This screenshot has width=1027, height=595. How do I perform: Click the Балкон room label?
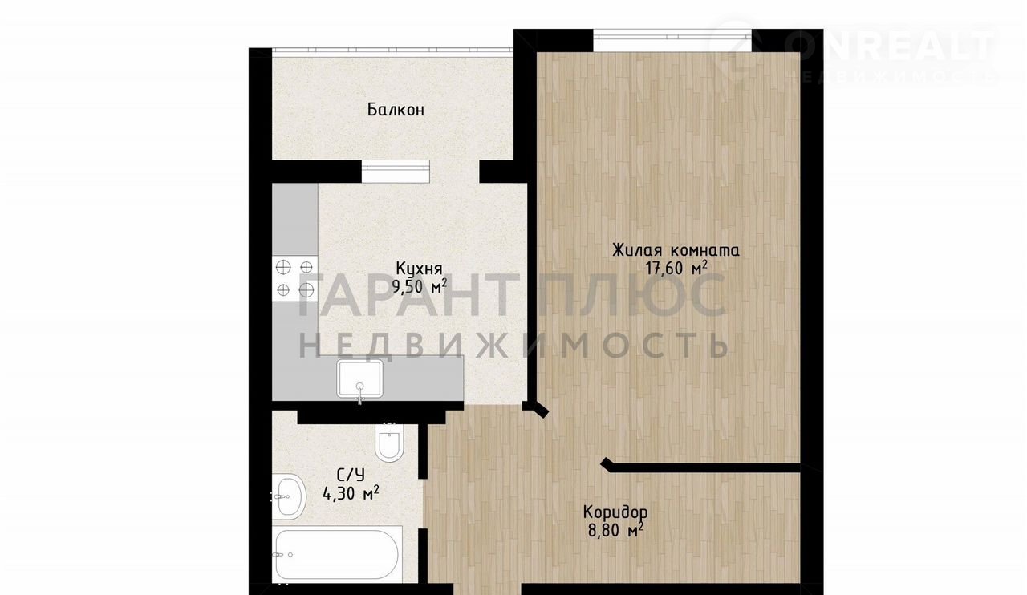click(x=396, y=110)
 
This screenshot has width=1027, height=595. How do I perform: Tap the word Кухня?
click(x=419, y=268)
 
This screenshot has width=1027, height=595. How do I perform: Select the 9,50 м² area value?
click(x=419, y=286)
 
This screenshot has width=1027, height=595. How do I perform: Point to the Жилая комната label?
click(x=676, y=251)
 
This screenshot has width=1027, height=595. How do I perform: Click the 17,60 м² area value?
click(x=676, y=268)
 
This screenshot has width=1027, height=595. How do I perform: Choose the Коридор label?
click(x=615, y=512)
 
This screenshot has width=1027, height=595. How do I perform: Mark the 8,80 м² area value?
click(x=615, y=530)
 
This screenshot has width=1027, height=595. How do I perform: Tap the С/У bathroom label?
click(x=351, y=475)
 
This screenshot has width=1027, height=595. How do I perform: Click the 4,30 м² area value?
click(x=351, y=493)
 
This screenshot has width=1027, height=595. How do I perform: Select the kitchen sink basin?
click(x=360, y=378)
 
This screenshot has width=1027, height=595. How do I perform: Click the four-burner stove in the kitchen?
click(x=294, y=279)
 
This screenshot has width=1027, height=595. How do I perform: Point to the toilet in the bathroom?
click(x=389, y=442)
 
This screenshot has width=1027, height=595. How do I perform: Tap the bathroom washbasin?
click(x=289, y=497)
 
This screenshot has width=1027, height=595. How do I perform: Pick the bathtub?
click(x=338, y=554)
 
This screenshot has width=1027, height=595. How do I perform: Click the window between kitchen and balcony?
click(x=396, y=172)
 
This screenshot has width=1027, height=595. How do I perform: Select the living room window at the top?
click(x=672, y=40)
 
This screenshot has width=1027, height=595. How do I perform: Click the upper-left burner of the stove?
click(x=283, y=267)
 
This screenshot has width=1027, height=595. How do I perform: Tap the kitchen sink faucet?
click(x=360, y=394)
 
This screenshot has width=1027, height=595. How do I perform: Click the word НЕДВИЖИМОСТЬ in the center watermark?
click(x=513, y=346)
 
